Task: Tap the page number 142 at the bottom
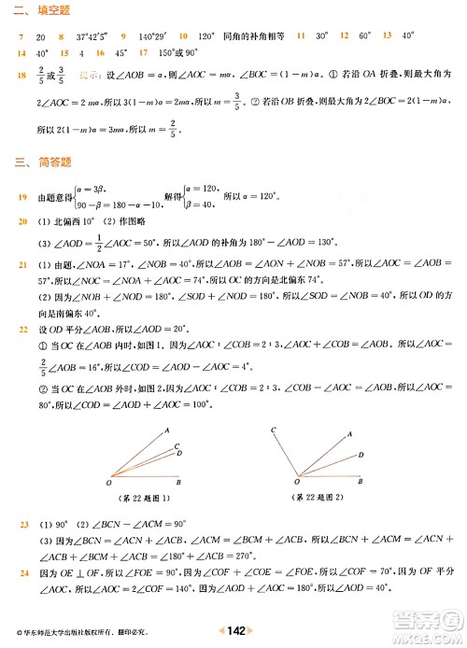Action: coord(234,632)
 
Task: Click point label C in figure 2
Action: coord(273,429)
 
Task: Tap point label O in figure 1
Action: coord(109,483)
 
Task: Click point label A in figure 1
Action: coord(166,430)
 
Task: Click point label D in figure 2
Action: coord(361,457)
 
